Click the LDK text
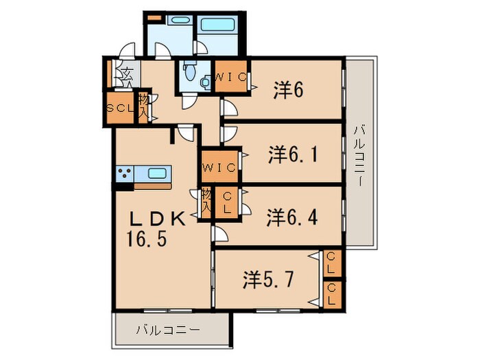coord(158,220)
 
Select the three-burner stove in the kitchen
coord(125,173)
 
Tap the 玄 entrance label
coord(128,73)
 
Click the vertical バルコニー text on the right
coord(359,155)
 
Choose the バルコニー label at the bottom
coord(167,330)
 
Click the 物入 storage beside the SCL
coord(144,107)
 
